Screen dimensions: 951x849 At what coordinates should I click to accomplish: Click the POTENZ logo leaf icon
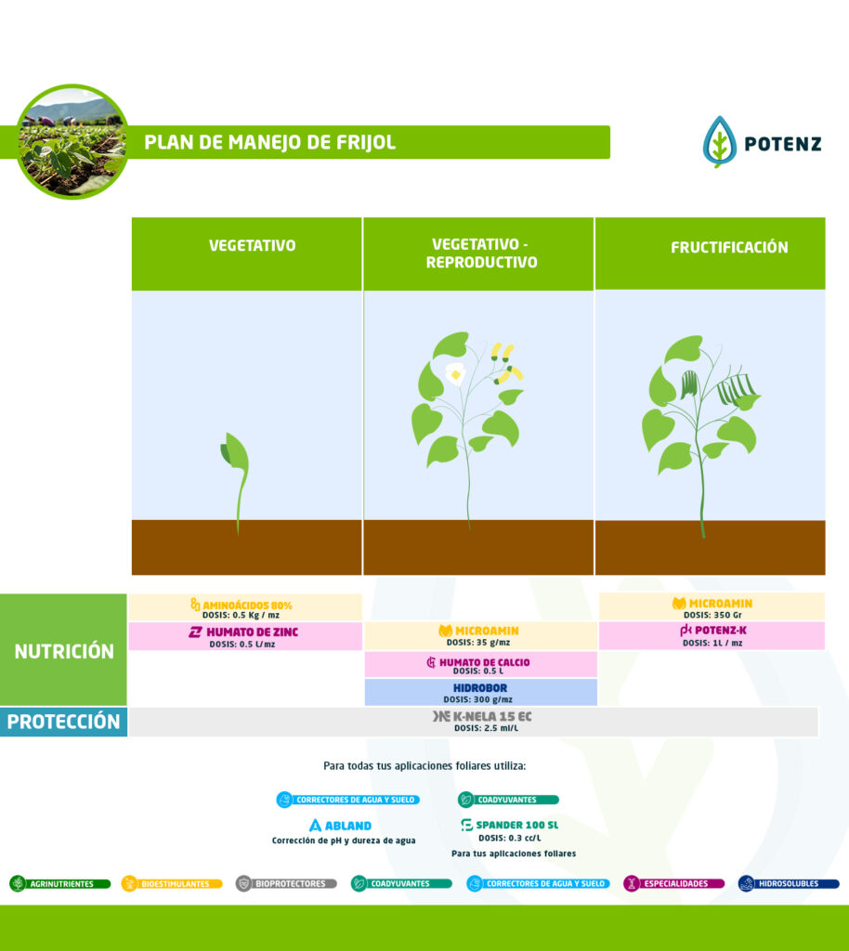719,142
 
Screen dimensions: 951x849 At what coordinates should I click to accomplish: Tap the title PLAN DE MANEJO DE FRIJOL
270,142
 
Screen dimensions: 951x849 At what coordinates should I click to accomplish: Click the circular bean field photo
72,141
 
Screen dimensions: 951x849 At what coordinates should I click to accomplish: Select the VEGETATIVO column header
252,246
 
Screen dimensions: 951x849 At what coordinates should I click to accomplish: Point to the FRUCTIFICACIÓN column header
729,248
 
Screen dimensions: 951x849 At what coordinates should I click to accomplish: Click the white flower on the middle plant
455,373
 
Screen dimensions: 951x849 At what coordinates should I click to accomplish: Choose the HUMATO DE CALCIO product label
478,662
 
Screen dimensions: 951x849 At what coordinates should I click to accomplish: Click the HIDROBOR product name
480,688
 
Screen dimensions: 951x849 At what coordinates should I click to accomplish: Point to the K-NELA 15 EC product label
482,717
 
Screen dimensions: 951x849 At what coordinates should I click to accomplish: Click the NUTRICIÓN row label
64,651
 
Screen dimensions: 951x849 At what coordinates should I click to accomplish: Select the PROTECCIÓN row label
64,722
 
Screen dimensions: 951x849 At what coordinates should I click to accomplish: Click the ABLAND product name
340,826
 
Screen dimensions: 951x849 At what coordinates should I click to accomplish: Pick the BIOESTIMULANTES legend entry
172,884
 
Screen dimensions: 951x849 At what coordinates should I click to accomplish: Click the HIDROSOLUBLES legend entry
789,884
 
